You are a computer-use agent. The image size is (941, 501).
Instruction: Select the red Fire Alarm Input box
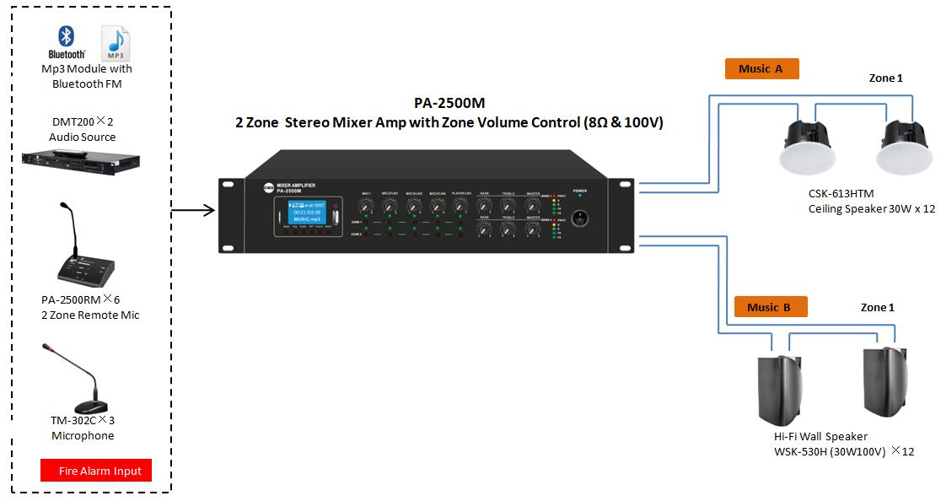(x=96, y=470)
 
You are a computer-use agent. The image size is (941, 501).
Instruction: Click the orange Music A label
(x=761, y=69)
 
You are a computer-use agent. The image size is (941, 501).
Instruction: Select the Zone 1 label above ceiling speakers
(x=885, y=78)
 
